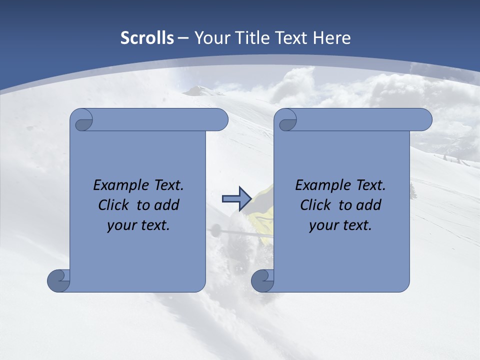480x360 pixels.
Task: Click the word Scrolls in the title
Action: pos(147,38)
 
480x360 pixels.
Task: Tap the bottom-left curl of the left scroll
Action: pos(58,280)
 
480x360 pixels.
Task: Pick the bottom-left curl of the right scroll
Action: pos(262,280)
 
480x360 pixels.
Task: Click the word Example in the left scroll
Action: pos(118,185)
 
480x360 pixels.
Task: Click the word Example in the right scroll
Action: pos(320,185)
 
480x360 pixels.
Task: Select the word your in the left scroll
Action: pos(121,225)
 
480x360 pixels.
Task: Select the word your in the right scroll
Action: pos(323,225)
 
